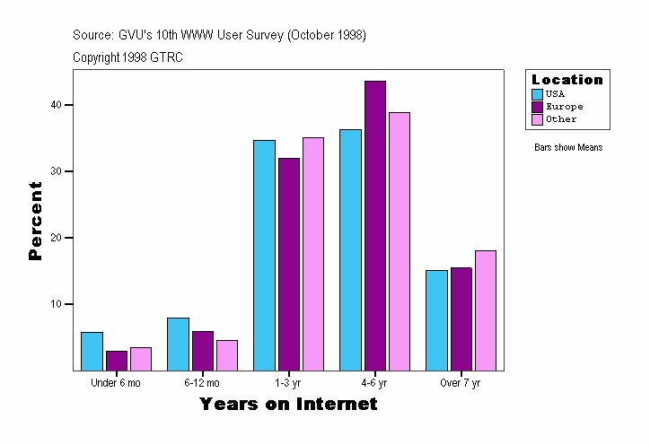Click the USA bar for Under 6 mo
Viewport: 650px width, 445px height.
point(92,351)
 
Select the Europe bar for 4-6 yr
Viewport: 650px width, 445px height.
point(375,225)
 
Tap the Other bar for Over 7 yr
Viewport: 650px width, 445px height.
point(485,310)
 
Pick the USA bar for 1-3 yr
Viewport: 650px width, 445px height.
point(264,255)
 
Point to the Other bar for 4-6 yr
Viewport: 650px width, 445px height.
point(400,240)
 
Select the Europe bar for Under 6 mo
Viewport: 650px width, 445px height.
point(117,360)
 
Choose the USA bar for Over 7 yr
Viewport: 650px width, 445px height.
point(436,320)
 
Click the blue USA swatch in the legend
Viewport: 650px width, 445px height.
point(537,94)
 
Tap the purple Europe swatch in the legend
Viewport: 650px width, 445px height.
point(537,107)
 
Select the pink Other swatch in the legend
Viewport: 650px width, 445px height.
point(537,119)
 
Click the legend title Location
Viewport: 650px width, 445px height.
point(567,80)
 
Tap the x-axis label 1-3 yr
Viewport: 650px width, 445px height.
point(288,383)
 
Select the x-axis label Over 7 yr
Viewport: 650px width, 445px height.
point(460,383)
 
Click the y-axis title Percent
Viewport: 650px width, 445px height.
point(36,221)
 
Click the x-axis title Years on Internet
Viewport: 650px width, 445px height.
point(288,405)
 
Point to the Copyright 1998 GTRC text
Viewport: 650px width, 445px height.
point(128,57)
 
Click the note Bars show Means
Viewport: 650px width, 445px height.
point(568,147)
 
